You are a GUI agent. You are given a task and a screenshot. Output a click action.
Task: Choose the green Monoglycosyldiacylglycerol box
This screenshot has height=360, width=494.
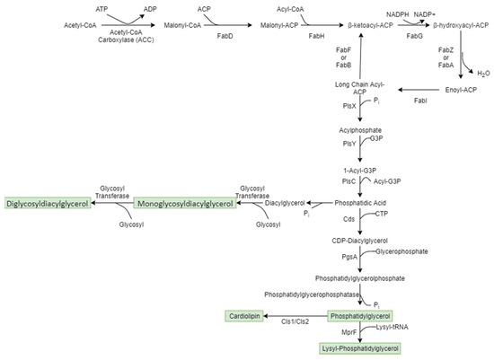tap(185, 204)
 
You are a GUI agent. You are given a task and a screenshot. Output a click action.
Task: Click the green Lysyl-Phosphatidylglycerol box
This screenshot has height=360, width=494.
tap(360, 347)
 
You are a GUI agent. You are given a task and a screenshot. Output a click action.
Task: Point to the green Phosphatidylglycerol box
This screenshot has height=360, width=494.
tap(360, 316)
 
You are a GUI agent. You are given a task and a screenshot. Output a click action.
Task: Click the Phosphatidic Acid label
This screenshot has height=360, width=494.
tap(359, 204)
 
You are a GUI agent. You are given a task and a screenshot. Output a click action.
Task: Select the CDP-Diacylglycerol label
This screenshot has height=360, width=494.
tap(359, 241)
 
